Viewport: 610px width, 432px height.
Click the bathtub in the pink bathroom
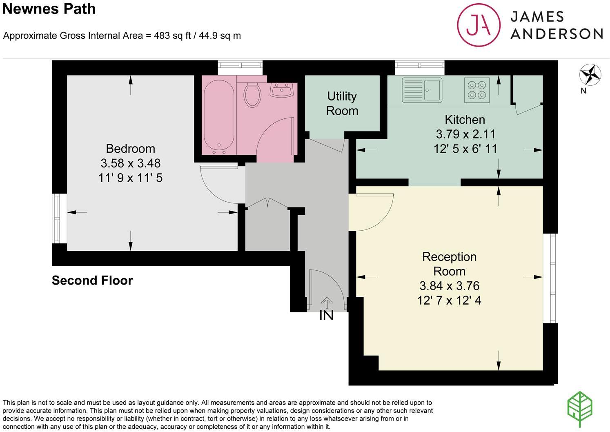[x=219, y=116]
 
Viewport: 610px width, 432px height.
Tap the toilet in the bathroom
[x=252, y=94]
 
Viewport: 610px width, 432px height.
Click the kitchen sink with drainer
[x=422, y=90]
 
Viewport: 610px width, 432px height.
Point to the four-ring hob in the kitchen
[x=477, y=90]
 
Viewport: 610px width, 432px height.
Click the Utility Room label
[x=342, y=103]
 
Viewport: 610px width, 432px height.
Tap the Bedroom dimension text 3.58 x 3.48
[x=130, y=163]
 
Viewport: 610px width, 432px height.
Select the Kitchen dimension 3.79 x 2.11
[x=465, y=134]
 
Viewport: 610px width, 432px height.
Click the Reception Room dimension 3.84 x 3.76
[x=449, y=286]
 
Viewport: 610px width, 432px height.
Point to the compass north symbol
[x=590, y=75]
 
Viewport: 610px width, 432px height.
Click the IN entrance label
[x=326, y=316]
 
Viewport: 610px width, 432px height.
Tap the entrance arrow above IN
[x=326, y=303]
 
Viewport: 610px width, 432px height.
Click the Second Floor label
[x=92, y=281]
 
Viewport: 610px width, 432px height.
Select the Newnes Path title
[x=49, y=9]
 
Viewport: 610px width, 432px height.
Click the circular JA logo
[x=479, y=25]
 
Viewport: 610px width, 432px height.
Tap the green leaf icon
[x=580, y=410]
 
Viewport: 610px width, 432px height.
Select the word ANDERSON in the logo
[x=557, y=33]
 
